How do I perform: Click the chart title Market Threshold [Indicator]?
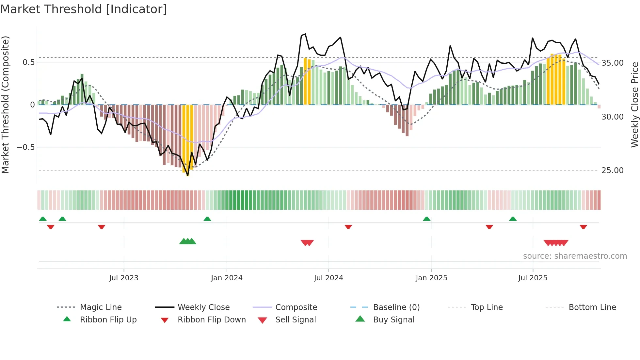[x=84, y=9]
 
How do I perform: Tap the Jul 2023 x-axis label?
[x=124, y=278]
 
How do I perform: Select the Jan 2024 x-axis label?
[x=227, y=278]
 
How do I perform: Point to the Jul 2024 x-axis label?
[x=328, y=278]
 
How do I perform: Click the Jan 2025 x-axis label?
[x=431, y=278]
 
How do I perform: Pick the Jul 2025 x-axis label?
[x=533, y=278]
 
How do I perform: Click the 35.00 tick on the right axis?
[x=612, y=63]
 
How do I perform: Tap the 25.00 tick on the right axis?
[x=612, y=171]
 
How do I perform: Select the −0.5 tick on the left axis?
[x=25, y=147]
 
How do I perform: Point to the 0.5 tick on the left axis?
[x=28, y=62]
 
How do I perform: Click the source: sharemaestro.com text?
[x=575, y=256]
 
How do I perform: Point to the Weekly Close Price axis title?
[x=634, y=105]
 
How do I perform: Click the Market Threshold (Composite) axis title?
[x=6, y=105]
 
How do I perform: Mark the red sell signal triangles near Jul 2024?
[x=307, y=243]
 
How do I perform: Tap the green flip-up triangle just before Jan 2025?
[x=426, y=219]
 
